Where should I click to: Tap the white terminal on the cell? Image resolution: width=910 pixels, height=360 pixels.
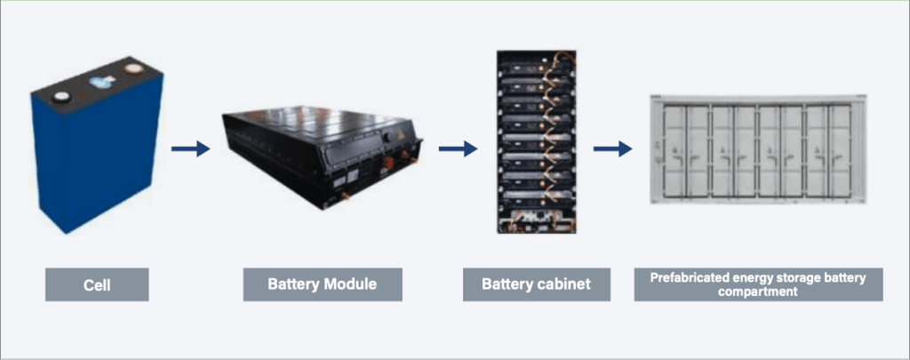tap(62, 98)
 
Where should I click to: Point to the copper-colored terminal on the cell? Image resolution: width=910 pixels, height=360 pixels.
tap(135, 68)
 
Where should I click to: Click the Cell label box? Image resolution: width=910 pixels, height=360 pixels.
tap(97, 285)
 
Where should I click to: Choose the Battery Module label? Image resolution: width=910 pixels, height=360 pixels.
tap(323, 285)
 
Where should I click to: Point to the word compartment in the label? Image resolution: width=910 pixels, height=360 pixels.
tap(760, 292)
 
